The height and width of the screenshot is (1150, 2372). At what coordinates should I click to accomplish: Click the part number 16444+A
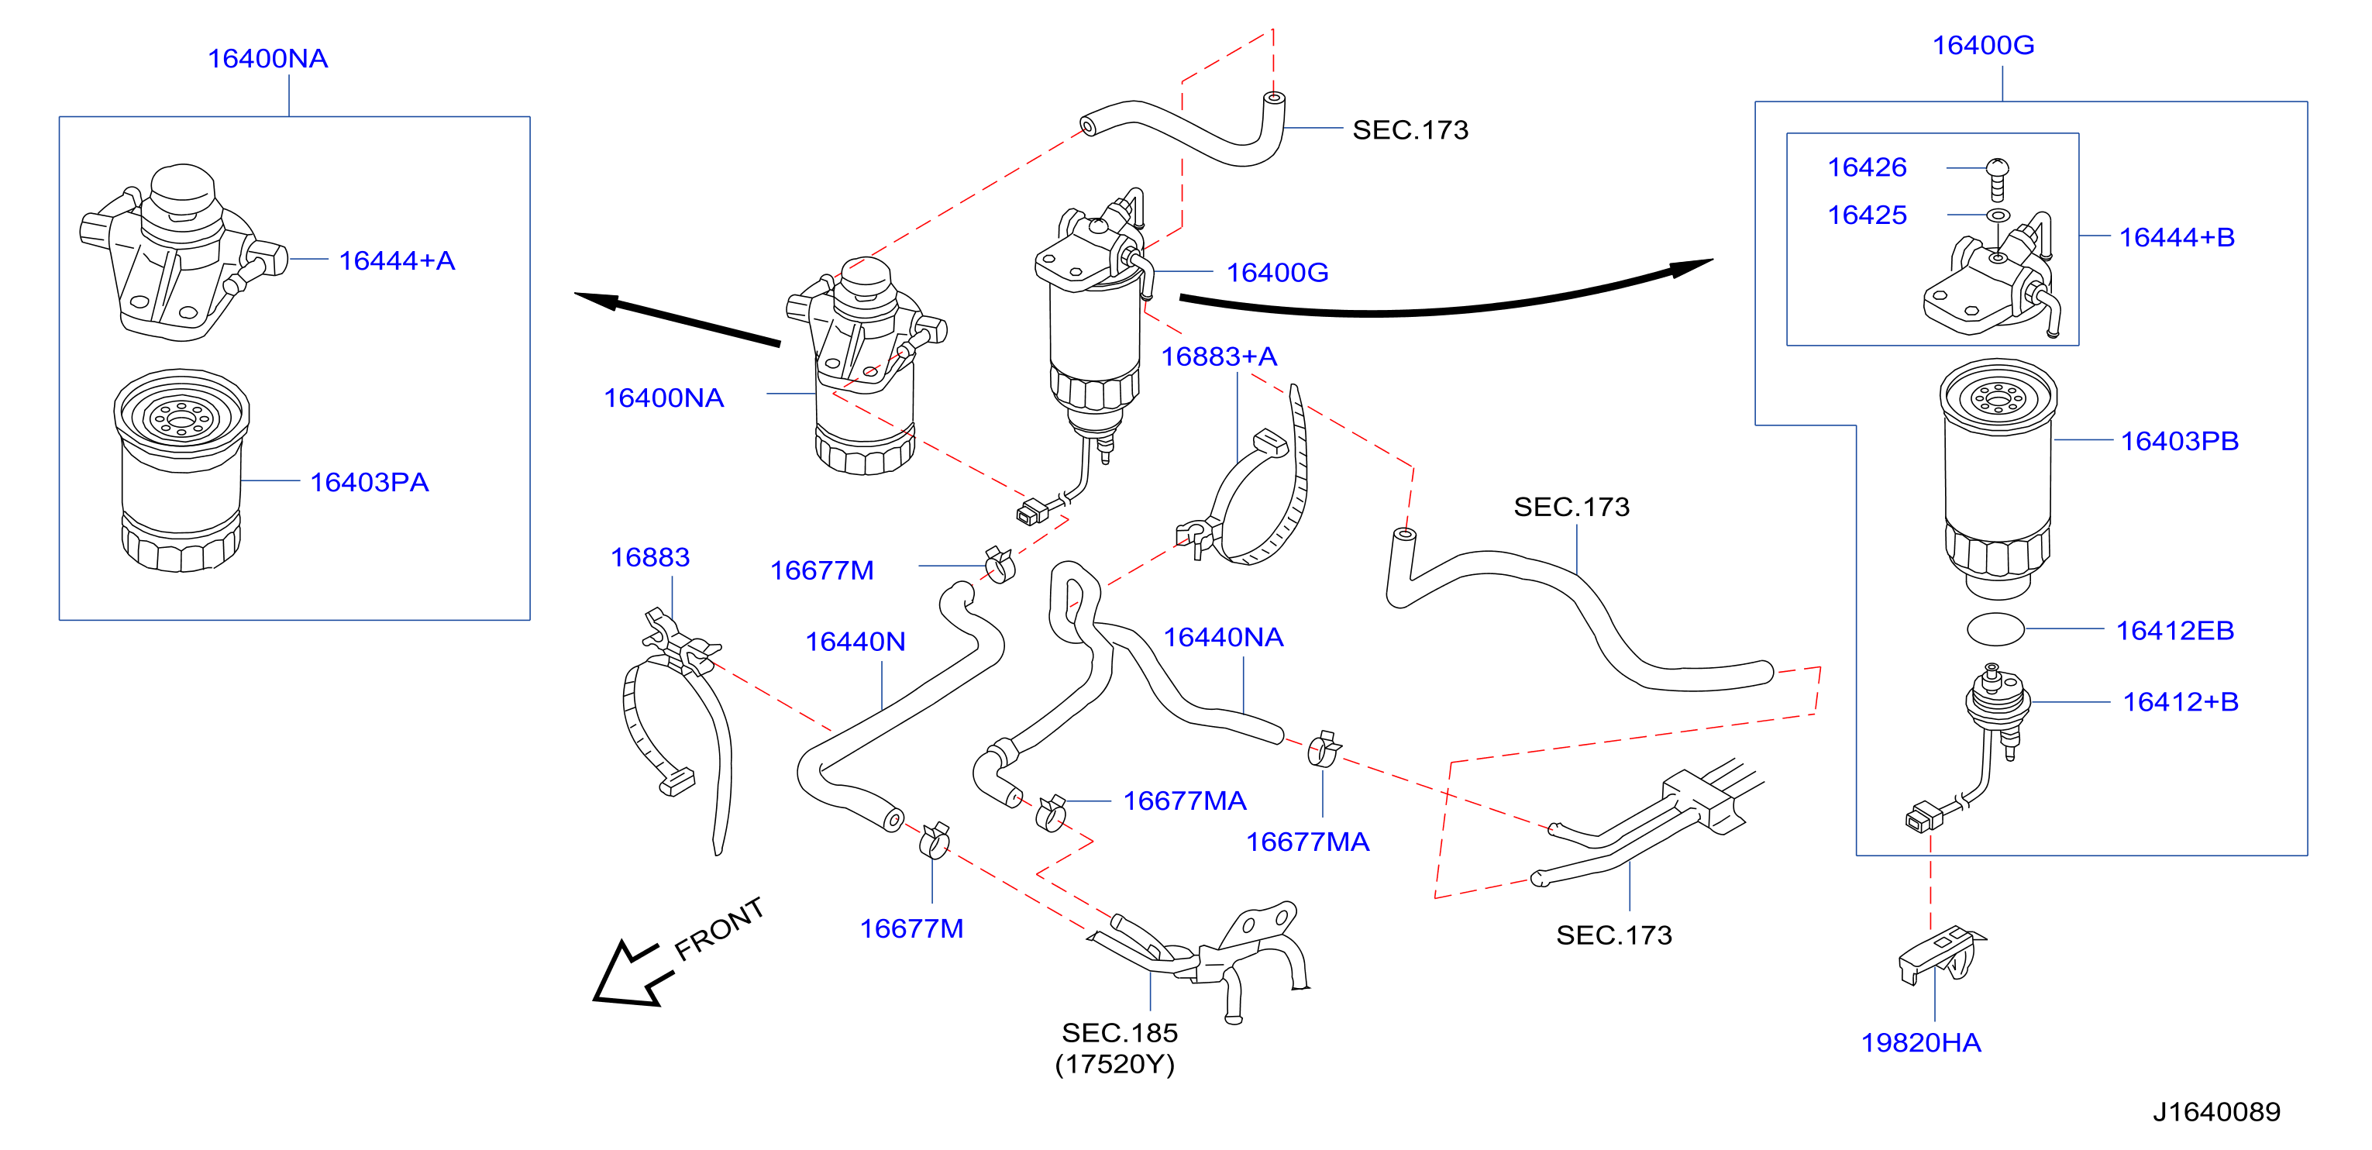click(397, 260)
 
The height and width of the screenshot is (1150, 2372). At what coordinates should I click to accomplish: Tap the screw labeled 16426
click(1997, 180)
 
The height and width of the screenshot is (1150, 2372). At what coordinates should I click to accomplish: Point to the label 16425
click(1867, 215)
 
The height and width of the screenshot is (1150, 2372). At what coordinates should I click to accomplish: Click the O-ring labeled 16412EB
click(1995, 630)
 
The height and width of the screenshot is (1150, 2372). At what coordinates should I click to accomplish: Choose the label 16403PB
click(2180, 441)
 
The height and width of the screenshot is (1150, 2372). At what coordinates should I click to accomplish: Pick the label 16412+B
click(2181, 701)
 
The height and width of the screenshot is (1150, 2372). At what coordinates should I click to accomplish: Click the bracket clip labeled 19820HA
click(1940, 955)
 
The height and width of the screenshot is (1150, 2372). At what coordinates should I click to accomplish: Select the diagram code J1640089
click(2216, 1111)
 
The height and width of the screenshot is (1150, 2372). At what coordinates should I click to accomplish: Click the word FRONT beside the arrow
click(719, 928)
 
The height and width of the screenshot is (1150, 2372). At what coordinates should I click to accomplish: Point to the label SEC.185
click(1120, 1032)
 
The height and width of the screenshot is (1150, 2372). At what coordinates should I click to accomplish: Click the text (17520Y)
click(1115, 1065)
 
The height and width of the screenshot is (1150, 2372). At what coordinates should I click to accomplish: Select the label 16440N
click(856, 641)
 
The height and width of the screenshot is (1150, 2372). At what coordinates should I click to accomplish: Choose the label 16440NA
click(1223, 637)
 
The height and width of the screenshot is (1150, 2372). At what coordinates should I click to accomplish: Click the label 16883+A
click(1218, 356)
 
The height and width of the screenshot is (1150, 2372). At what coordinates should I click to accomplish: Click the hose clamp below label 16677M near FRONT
click(934, 840)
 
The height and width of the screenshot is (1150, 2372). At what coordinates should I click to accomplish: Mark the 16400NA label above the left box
click(268, 58)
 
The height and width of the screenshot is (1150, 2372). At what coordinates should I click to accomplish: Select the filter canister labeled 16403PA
click(181, 470)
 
